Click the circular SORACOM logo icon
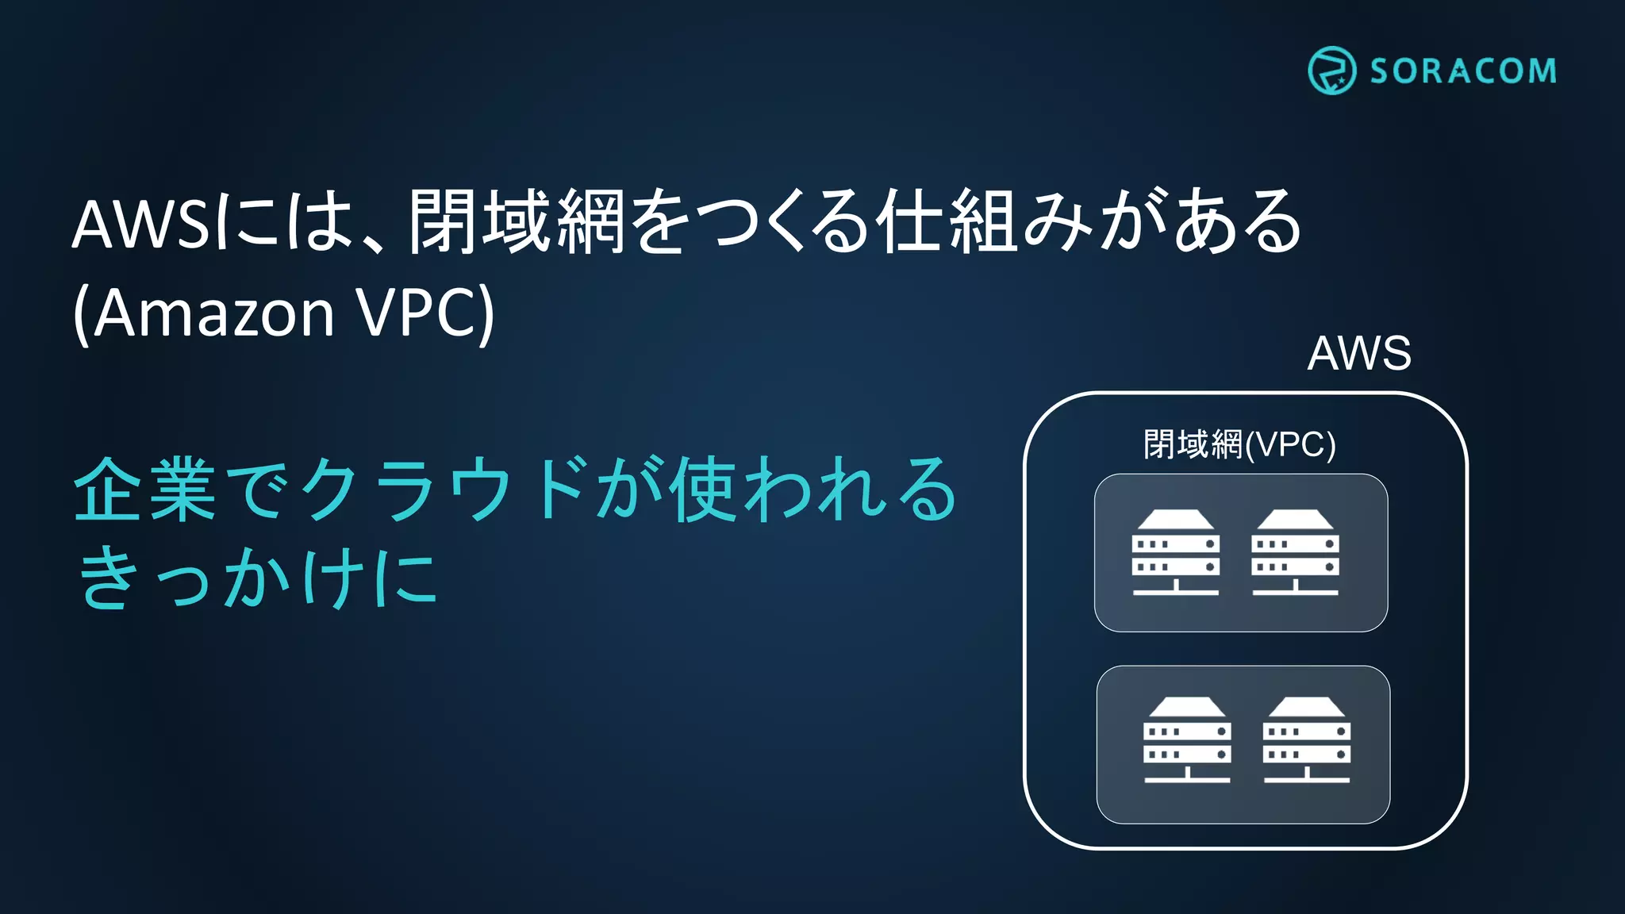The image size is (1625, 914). (x=1331, y=71)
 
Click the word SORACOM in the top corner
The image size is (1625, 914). (x=1463, y=71)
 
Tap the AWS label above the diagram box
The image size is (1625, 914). (x=1359, y=353)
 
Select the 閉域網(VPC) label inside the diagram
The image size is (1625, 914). (x=1239, y=444)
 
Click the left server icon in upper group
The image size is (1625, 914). (x=1175, y=552)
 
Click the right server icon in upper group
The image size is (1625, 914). (x=1295, y=552)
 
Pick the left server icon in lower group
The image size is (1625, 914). (x=1187, y=739)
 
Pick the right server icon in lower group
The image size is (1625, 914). (x=1307, y=739)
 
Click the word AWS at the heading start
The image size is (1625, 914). (x=141, y=225)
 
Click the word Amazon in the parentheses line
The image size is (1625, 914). (x=214, y=313)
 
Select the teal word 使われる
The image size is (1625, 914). (x=813, y=490)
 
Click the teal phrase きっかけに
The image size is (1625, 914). (x=258, y=578)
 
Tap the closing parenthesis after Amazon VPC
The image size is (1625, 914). (x=486, y=315)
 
